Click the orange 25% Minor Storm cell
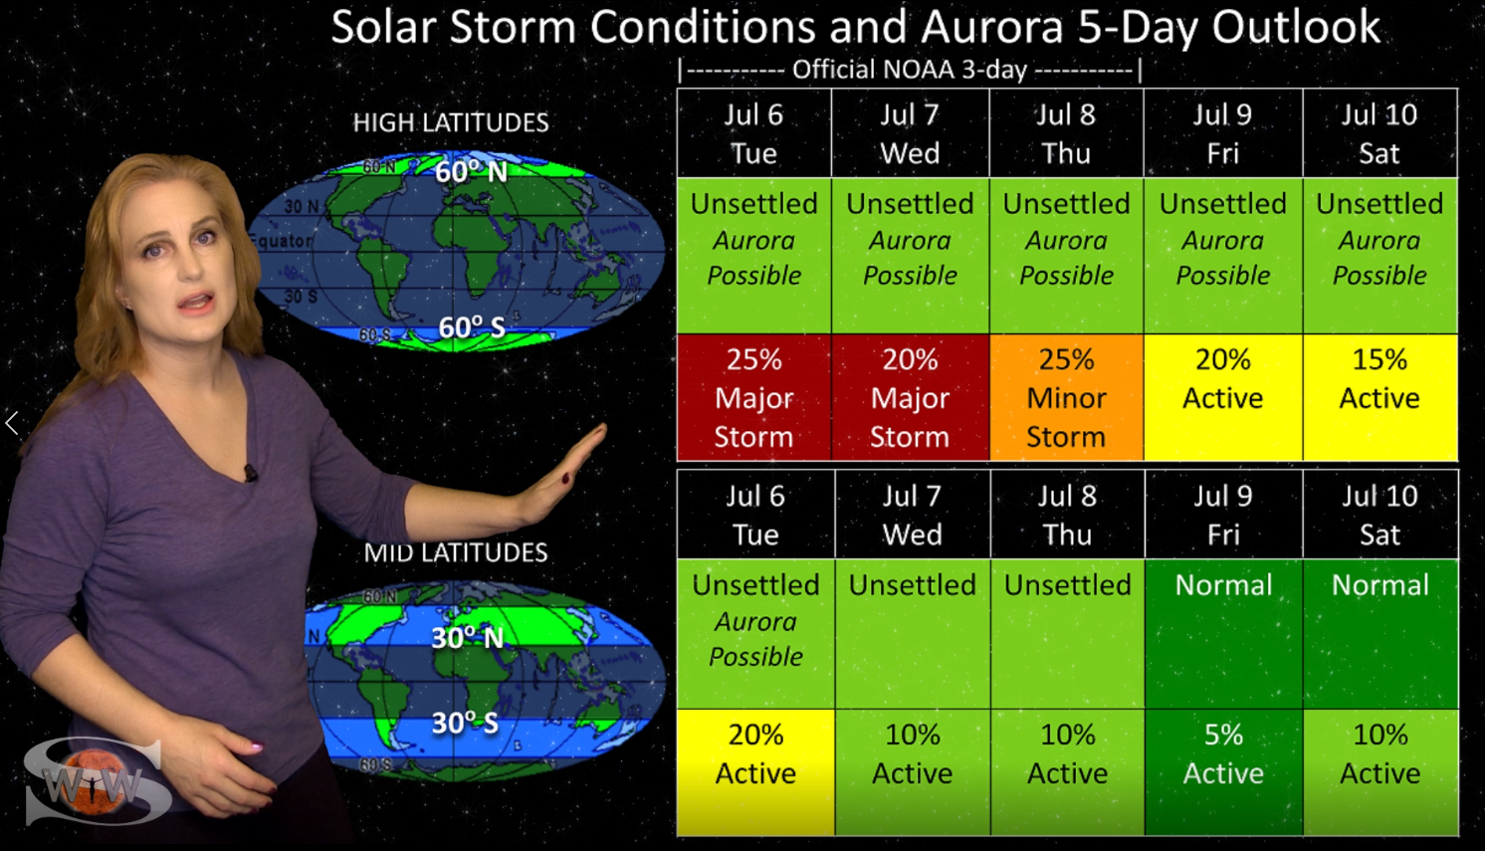(x=1066, y=397)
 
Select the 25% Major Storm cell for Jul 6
(x=753, y=397)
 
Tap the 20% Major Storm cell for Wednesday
(x=911, y=397)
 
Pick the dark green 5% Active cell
(x=1224, y=772)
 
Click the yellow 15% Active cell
(x=1380, y=397)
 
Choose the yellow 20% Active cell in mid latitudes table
(x=755, y=772)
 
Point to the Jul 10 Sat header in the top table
(x=1380, y=133)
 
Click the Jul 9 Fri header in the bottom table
(x=1224, y=515)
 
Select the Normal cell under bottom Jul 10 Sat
(x=1380, y=634)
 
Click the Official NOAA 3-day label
(x=910, y=70)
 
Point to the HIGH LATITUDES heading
(x=451, y=122)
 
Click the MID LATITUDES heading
(x=456, y=552)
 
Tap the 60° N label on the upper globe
(x=472, y=172)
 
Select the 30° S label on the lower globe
(x=465, y=723)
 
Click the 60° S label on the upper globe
(x=472, y=327)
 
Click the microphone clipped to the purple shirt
(x=251, y=473)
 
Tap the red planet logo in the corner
(x=93, y=782)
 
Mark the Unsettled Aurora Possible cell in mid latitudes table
(x=755, y=634)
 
